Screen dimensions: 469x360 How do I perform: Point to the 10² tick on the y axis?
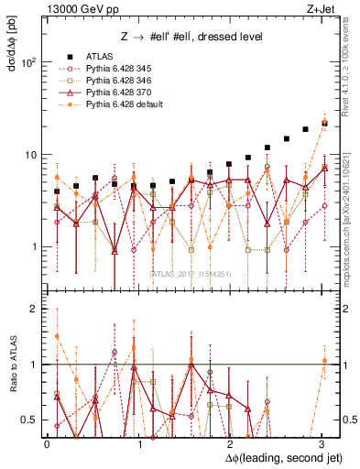[29, 63]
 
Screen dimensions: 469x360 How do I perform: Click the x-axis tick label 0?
[47, 443]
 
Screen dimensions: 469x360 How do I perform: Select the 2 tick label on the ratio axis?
[36, 310]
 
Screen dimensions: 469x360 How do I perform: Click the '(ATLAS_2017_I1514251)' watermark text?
[191, 274]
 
